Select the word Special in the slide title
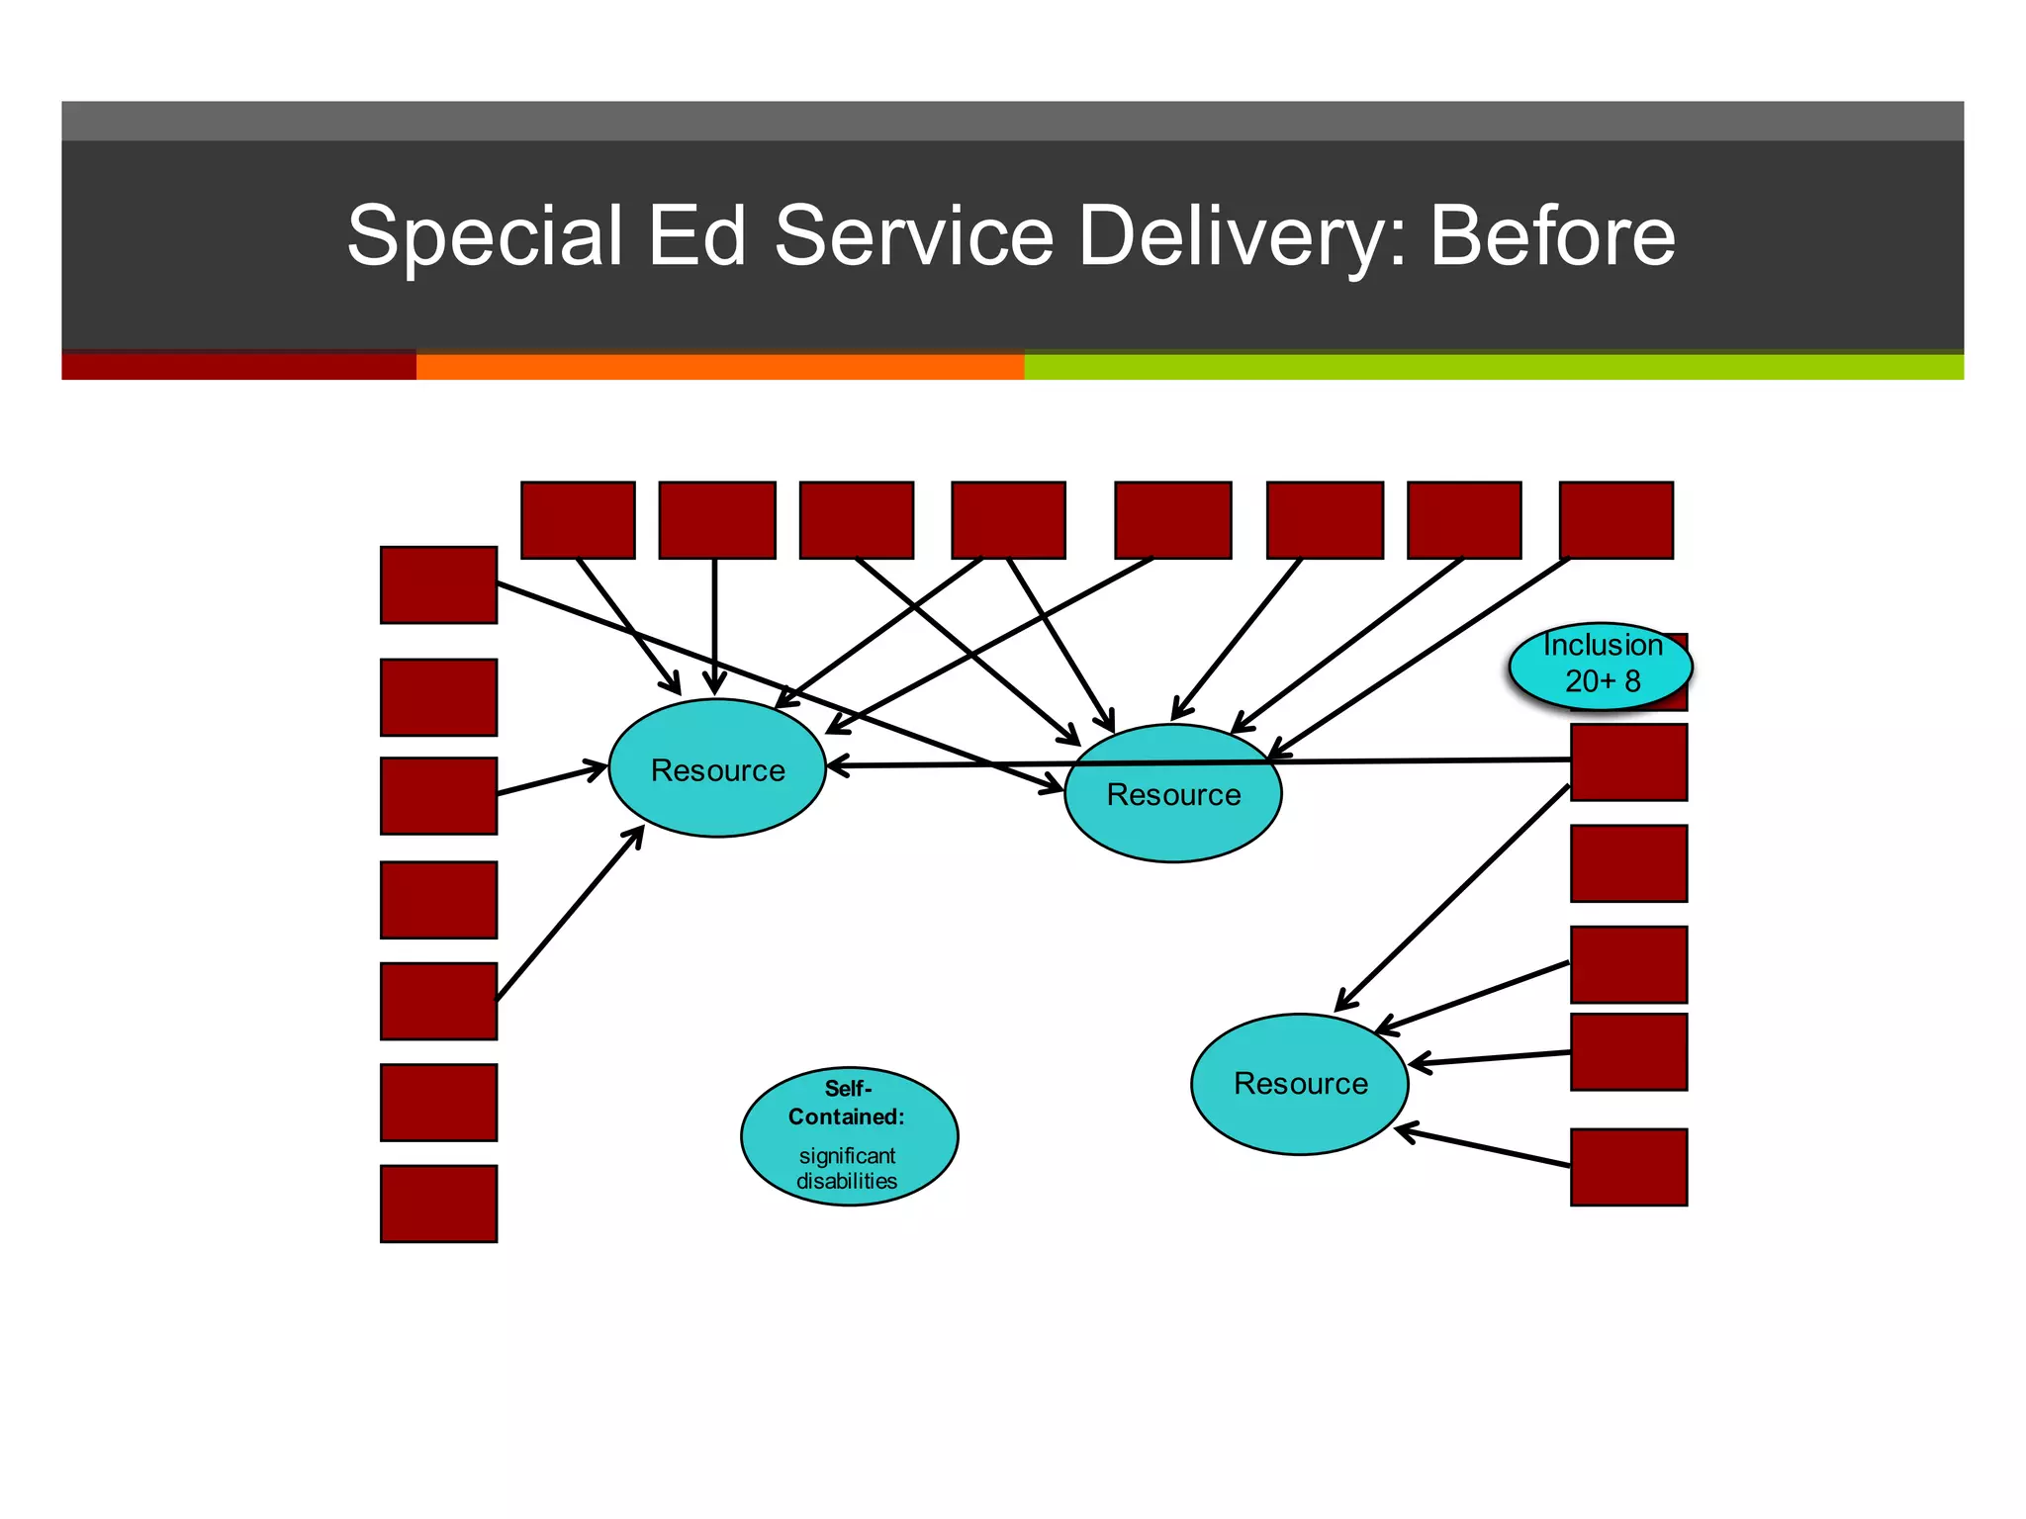click(485, 237)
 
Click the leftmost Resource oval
click(717, 768)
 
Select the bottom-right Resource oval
click(1299, 1084)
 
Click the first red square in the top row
click(578, 520)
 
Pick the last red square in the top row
click(1615, 520)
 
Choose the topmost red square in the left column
click(438, 584)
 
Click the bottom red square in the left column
click(438, 1204)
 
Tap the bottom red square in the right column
click(1628, 1167)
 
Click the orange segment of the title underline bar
click(719, 367)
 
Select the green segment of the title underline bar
click(1493, 367)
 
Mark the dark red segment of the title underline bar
click(238, 367)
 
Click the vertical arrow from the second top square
click(714, 623)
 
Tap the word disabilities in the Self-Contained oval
click(847, 1181)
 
